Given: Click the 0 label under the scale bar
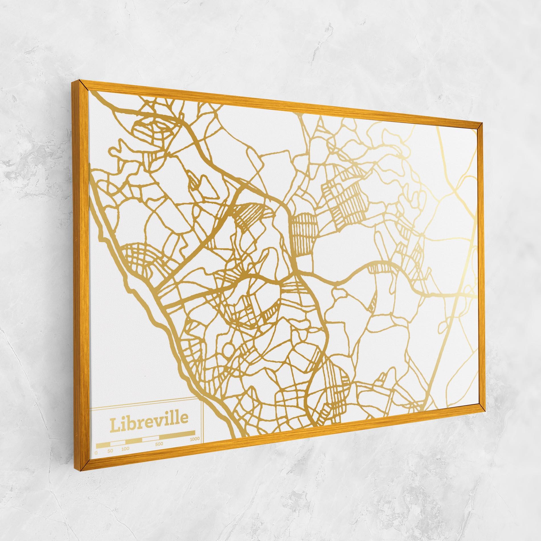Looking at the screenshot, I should pyautogui.click(x=96, y=452).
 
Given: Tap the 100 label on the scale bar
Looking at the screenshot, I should pyautogui.click(x=125, y=449).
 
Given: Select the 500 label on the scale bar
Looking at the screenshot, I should pyautogui.click(x=159, y=444).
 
